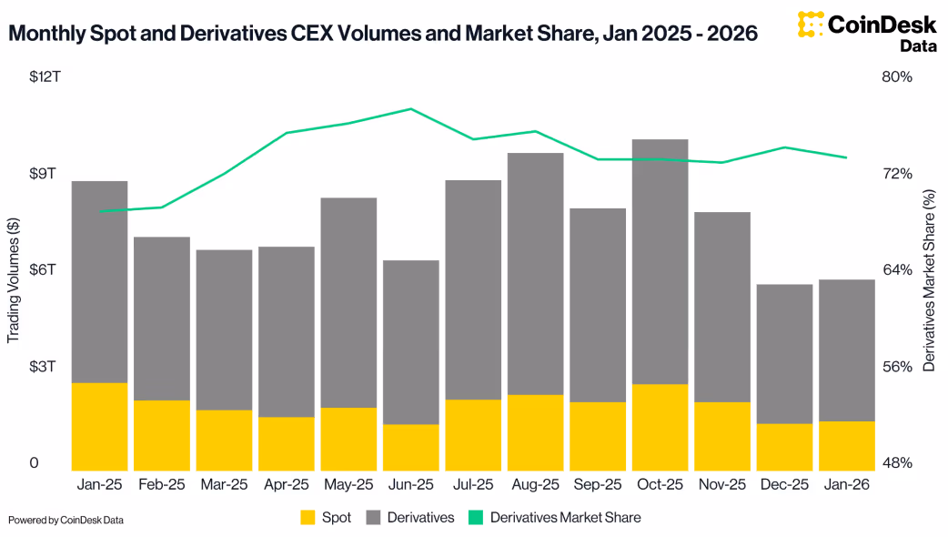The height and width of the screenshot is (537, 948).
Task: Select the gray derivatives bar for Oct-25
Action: [x=660, y=262]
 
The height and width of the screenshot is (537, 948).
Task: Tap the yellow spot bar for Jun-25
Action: [x=411, y=447]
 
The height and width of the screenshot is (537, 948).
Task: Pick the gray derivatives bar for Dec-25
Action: [x=784, y=354]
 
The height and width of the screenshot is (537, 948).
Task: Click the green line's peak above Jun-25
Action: [x=411, y=108]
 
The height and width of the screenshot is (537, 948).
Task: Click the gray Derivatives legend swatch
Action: [x=373, y=518]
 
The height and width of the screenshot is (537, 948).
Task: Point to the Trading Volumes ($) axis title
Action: [x=14, y=280]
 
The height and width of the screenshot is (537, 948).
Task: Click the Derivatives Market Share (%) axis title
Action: [x=929, y=280]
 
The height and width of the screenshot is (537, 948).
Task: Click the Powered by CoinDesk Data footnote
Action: [x=66, y=520]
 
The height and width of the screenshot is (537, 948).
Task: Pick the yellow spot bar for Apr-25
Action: [x=287, y=443]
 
